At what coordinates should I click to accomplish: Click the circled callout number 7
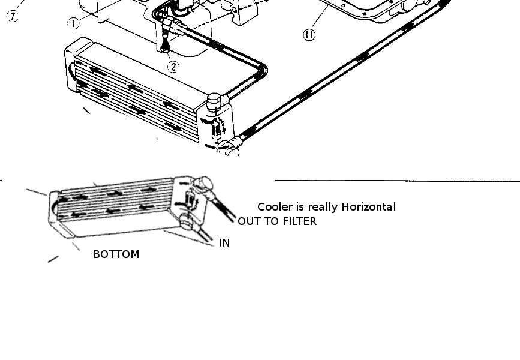pyautogui.click(x=12, y=16)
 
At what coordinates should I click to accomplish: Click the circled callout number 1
pyautogui.click(x=73, y=23)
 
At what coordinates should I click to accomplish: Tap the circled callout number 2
pyautogui.click(x=173, y=67)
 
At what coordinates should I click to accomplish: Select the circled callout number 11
pyautogui.click(x=309, y=35)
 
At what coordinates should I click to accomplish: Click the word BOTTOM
pyautogui.click(x=116, y=254)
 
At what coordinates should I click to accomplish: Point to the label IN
pyautogui.click(x=225, y=243)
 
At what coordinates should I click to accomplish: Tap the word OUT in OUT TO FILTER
pyautogui.click(x=249, y=221)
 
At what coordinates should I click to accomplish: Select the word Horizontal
pyautogui.click(x=369, y=207)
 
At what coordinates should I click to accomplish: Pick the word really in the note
pyautogui.click(x=324, y=208)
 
